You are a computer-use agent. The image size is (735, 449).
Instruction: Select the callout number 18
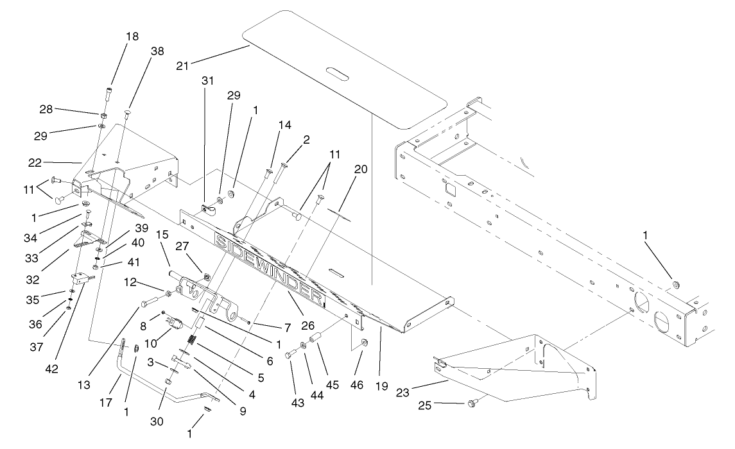pyautogui.click(x=132, y=37)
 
